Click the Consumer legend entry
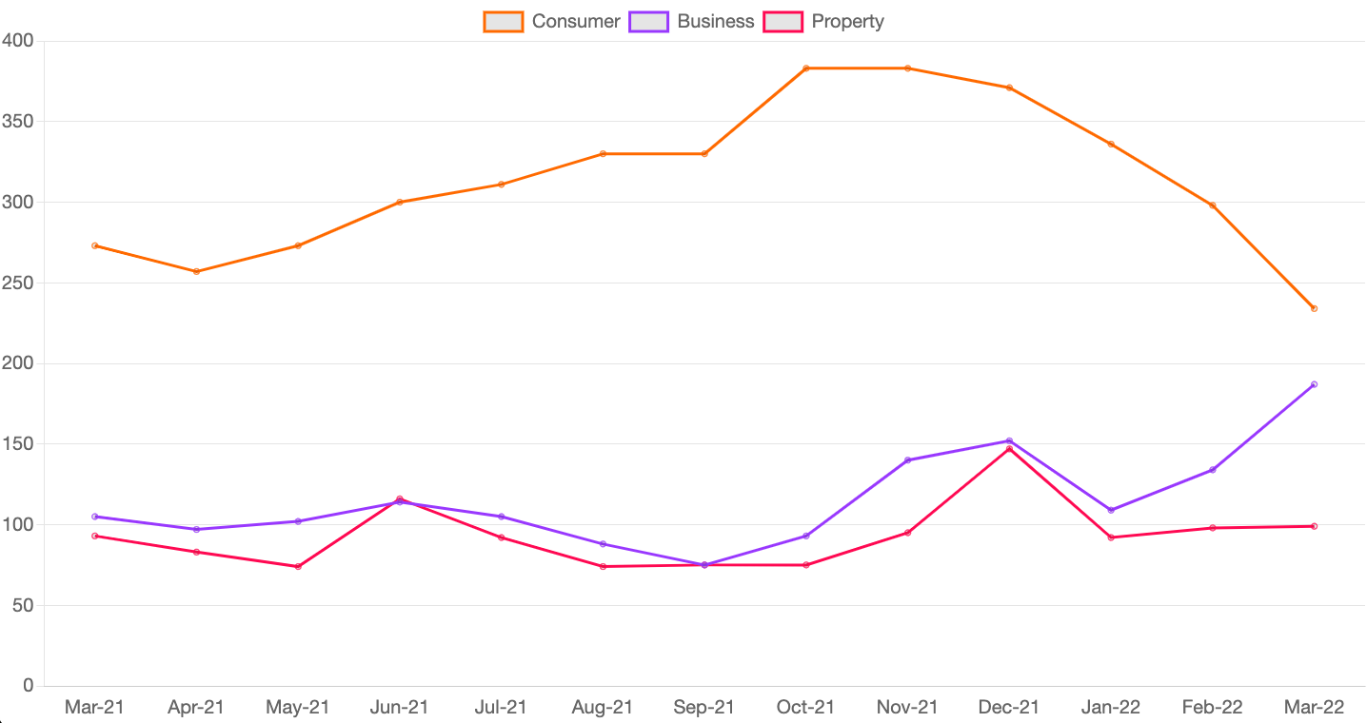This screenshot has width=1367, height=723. point(552,21)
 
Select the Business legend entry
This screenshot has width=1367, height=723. point(692,21)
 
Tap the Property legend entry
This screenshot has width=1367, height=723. point(824,21)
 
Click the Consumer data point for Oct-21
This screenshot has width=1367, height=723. point(806,68)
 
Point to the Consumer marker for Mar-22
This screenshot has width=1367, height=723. point(1314,308)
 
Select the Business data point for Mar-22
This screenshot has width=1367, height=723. point(1314,384)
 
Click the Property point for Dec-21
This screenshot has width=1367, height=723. point(1009,449)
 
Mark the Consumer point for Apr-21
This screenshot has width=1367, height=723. point(197,271)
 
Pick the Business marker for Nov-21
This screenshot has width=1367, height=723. point(908,460)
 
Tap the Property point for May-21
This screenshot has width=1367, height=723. point(298,567)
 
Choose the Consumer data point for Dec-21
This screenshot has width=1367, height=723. point(1009,88)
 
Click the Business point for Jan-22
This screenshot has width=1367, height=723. point(1111,510)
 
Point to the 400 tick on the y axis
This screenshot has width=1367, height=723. point(18,41)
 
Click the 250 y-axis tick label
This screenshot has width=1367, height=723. point(18,283)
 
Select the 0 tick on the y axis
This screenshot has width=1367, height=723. point(28,686)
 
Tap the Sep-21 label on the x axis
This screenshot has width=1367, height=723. point(704,708)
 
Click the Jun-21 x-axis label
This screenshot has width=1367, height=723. point(400,708)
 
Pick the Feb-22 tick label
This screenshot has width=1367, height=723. point(1212,708)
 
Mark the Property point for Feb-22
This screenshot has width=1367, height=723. point(1213,528)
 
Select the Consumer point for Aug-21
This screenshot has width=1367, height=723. point(604,153)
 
